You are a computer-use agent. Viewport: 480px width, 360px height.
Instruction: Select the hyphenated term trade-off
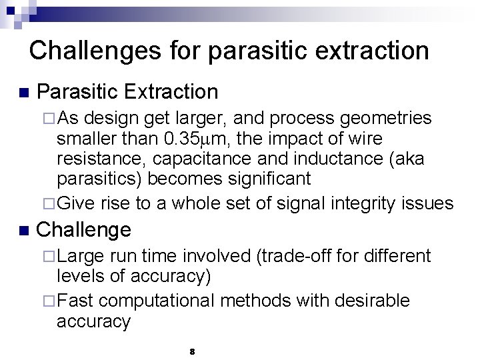[301, 256]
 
